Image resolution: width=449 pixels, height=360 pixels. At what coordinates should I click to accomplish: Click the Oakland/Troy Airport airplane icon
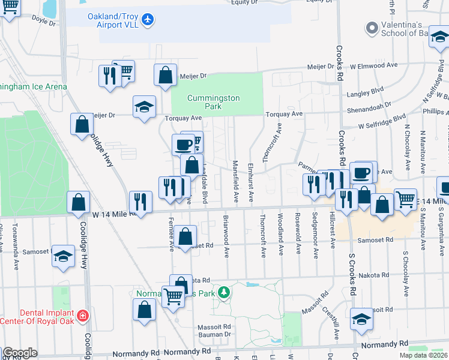(x=148, y=20)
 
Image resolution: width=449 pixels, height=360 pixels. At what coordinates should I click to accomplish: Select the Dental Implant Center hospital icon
(x=82, y=315)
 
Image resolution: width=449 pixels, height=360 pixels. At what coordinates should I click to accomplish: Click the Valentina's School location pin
(x=372, y=27)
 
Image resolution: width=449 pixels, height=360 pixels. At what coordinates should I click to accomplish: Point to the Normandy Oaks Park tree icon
(x=224, y=293)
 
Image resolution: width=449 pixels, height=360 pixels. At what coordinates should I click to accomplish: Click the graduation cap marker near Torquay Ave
(x=144, y=107)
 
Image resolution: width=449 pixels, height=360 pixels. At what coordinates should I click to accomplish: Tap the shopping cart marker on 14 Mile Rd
(x=406, y=199)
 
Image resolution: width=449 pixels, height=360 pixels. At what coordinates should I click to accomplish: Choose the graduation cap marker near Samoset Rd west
(x=63, y=256)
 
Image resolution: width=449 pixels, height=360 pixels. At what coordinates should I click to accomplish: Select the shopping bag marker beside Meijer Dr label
(x=166, y=76)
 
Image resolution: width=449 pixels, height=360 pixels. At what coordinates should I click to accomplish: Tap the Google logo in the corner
(x=20, y=353)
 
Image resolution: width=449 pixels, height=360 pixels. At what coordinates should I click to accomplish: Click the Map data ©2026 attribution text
(x=423, y=355)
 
